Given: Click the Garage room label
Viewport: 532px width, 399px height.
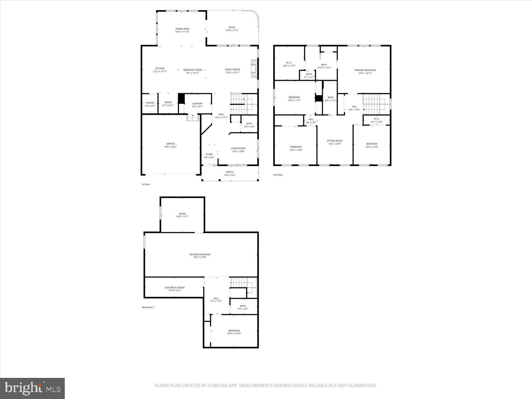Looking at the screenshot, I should [170, 144].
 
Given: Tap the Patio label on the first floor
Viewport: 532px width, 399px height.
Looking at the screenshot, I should [232, 28].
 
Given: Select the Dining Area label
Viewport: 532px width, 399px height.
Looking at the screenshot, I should [182, 29].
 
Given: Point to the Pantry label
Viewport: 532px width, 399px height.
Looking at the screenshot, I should [150, 103].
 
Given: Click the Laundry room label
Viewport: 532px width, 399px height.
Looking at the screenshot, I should [197, 104].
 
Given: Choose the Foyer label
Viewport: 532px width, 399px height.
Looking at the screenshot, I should [209, 154].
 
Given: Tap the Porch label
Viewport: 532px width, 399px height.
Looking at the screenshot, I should [230, 172].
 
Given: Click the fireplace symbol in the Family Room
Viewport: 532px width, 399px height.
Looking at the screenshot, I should [254, 69].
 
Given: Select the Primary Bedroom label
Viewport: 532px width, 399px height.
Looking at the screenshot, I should [365, 70].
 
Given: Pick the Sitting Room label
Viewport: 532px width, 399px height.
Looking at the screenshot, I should [335, 141].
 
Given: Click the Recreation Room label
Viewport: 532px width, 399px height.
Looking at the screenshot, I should [200, 255].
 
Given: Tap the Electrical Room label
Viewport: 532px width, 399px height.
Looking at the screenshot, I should [175, 287].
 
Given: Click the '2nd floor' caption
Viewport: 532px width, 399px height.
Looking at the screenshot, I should [278, 175].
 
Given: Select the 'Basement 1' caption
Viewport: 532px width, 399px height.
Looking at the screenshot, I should [148, 307].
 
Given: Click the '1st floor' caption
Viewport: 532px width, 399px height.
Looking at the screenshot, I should [145, 185].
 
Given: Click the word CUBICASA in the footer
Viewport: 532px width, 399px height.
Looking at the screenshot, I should [218, 385].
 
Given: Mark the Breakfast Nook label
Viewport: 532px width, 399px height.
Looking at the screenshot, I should [193, 70].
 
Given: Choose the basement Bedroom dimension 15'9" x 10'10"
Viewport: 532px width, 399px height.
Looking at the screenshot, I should [234, 334].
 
